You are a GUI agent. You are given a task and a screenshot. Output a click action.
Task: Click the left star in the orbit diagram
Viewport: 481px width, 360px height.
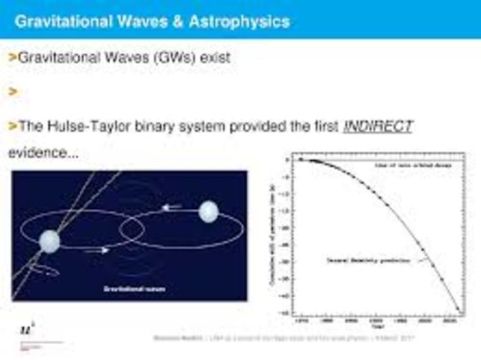coord(50,241)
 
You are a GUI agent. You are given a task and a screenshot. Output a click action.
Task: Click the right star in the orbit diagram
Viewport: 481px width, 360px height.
coord(209,213)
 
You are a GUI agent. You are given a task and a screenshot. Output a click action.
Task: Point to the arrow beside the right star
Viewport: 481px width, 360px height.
coord(172,207)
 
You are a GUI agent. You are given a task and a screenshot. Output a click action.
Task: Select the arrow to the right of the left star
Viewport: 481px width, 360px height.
coord(95,250)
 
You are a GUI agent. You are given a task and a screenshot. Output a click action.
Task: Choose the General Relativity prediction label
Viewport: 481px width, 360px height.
coord(368,260)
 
